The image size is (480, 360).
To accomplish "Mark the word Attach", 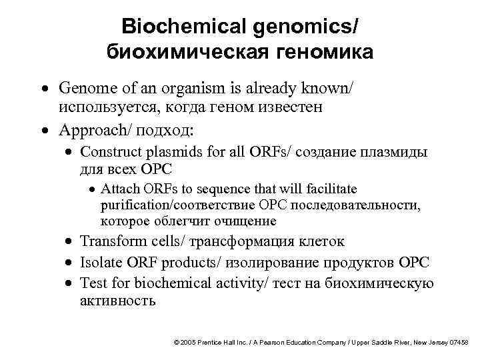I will [x=119, y=189].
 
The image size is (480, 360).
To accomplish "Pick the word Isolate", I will [x=101, y=263].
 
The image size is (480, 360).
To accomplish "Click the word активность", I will [x=117, y=301].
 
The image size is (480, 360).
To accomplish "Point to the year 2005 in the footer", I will [x=189, y=342].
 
